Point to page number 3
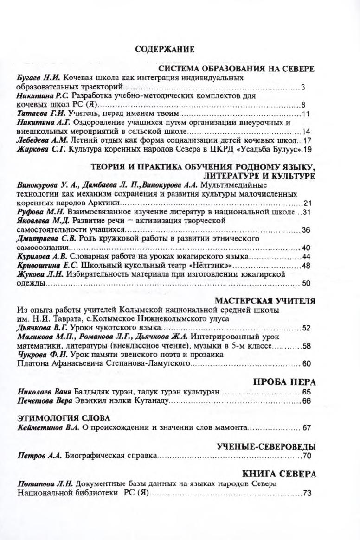[302, 87]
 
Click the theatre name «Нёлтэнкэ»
[206, 266]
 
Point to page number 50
[306, 283]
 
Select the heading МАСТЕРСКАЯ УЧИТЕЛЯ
[265, 301]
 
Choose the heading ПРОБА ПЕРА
[284, 382]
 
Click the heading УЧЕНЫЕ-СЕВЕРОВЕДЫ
[266, 447]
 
